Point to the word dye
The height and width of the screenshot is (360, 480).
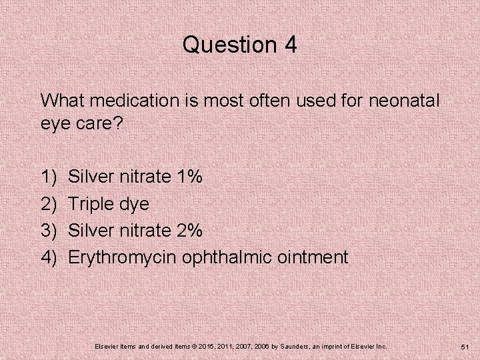tap(135, 203)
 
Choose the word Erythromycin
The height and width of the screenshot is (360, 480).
tap(123, 257)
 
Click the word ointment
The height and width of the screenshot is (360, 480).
tap(315, 257)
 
